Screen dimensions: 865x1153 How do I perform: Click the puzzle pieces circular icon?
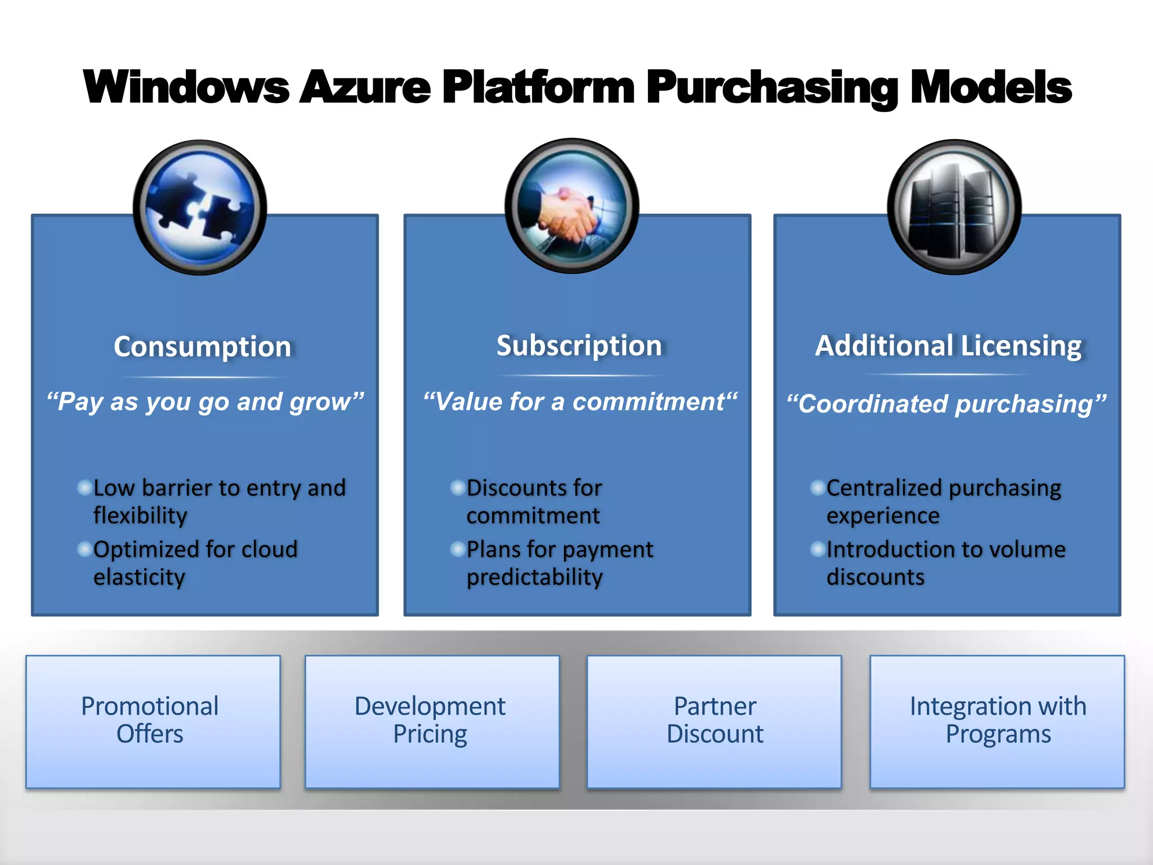coord(200,207)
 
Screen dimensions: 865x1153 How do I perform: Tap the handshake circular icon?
coord(571,206)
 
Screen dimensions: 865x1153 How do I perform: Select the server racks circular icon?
coord(954,207)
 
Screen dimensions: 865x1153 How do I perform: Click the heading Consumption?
coord(202,346)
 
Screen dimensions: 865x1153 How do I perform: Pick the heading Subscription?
coord(579,345)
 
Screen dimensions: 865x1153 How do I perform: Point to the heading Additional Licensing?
coord(948,345)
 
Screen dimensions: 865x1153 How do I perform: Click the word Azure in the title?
coord(365,87)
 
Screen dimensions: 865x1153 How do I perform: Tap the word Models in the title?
coord(991,87)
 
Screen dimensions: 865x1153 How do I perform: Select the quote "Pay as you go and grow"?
coord(205,402)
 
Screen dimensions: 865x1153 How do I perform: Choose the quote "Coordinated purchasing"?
coord(946,404)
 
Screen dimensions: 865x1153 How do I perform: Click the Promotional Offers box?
coord(153,721)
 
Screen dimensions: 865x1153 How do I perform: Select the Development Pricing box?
coord(432,721)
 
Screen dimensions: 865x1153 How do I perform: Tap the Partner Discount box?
coord(714,721)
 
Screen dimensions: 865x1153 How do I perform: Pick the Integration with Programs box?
coord(997,721)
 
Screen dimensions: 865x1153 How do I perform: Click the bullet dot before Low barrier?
coord(85,487)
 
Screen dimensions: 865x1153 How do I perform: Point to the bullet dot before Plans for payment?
coord(458,549)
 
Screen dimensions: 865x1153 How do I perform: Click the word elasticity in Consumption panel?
coord(139,577)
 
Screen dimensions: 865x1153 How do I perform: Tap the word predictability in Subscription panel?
coord(534,577)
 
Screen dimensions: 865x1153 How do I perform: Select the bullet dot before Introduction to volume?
coord(818,549)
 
